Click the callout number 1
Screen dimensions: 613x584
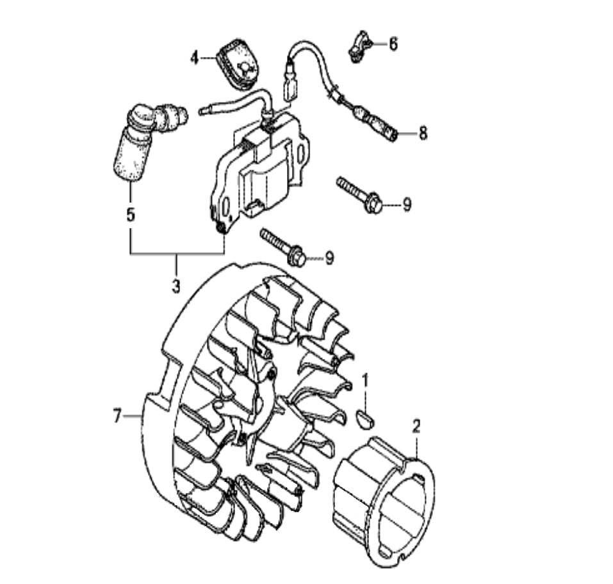[365, 380]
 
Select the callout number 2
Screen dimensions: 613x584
[416, 426]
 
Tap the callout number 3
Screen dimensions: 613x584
[176, 287]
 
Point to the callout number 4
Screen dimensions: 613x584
[195, 58]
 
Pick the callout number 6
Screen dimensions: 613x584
[393, 44]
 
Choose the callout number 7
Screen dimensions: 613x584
[117, 416]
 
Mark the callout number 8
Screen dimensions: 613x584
[423, 133]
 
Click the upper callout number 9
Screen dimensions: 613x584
[407, 204]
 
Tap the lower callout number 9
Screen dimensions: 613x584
[330, 258]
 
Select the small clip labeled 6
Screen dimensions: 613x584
[357, 46]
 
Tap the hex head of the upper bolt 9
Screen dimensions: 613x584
[374, 203]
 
